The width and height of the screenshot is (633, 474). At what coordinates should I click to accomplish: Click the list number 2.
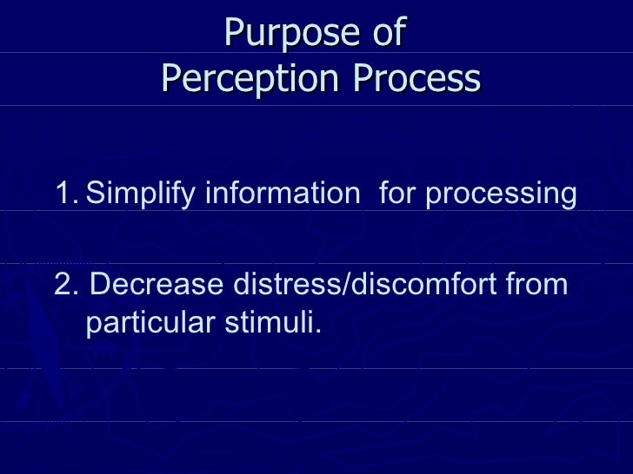(63, 284)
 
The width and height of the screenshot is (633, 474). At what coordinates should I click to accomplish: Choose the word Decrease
(157, 284)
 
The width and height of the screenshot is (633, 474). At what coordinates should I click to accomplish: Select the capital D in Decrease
(99, 284)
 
